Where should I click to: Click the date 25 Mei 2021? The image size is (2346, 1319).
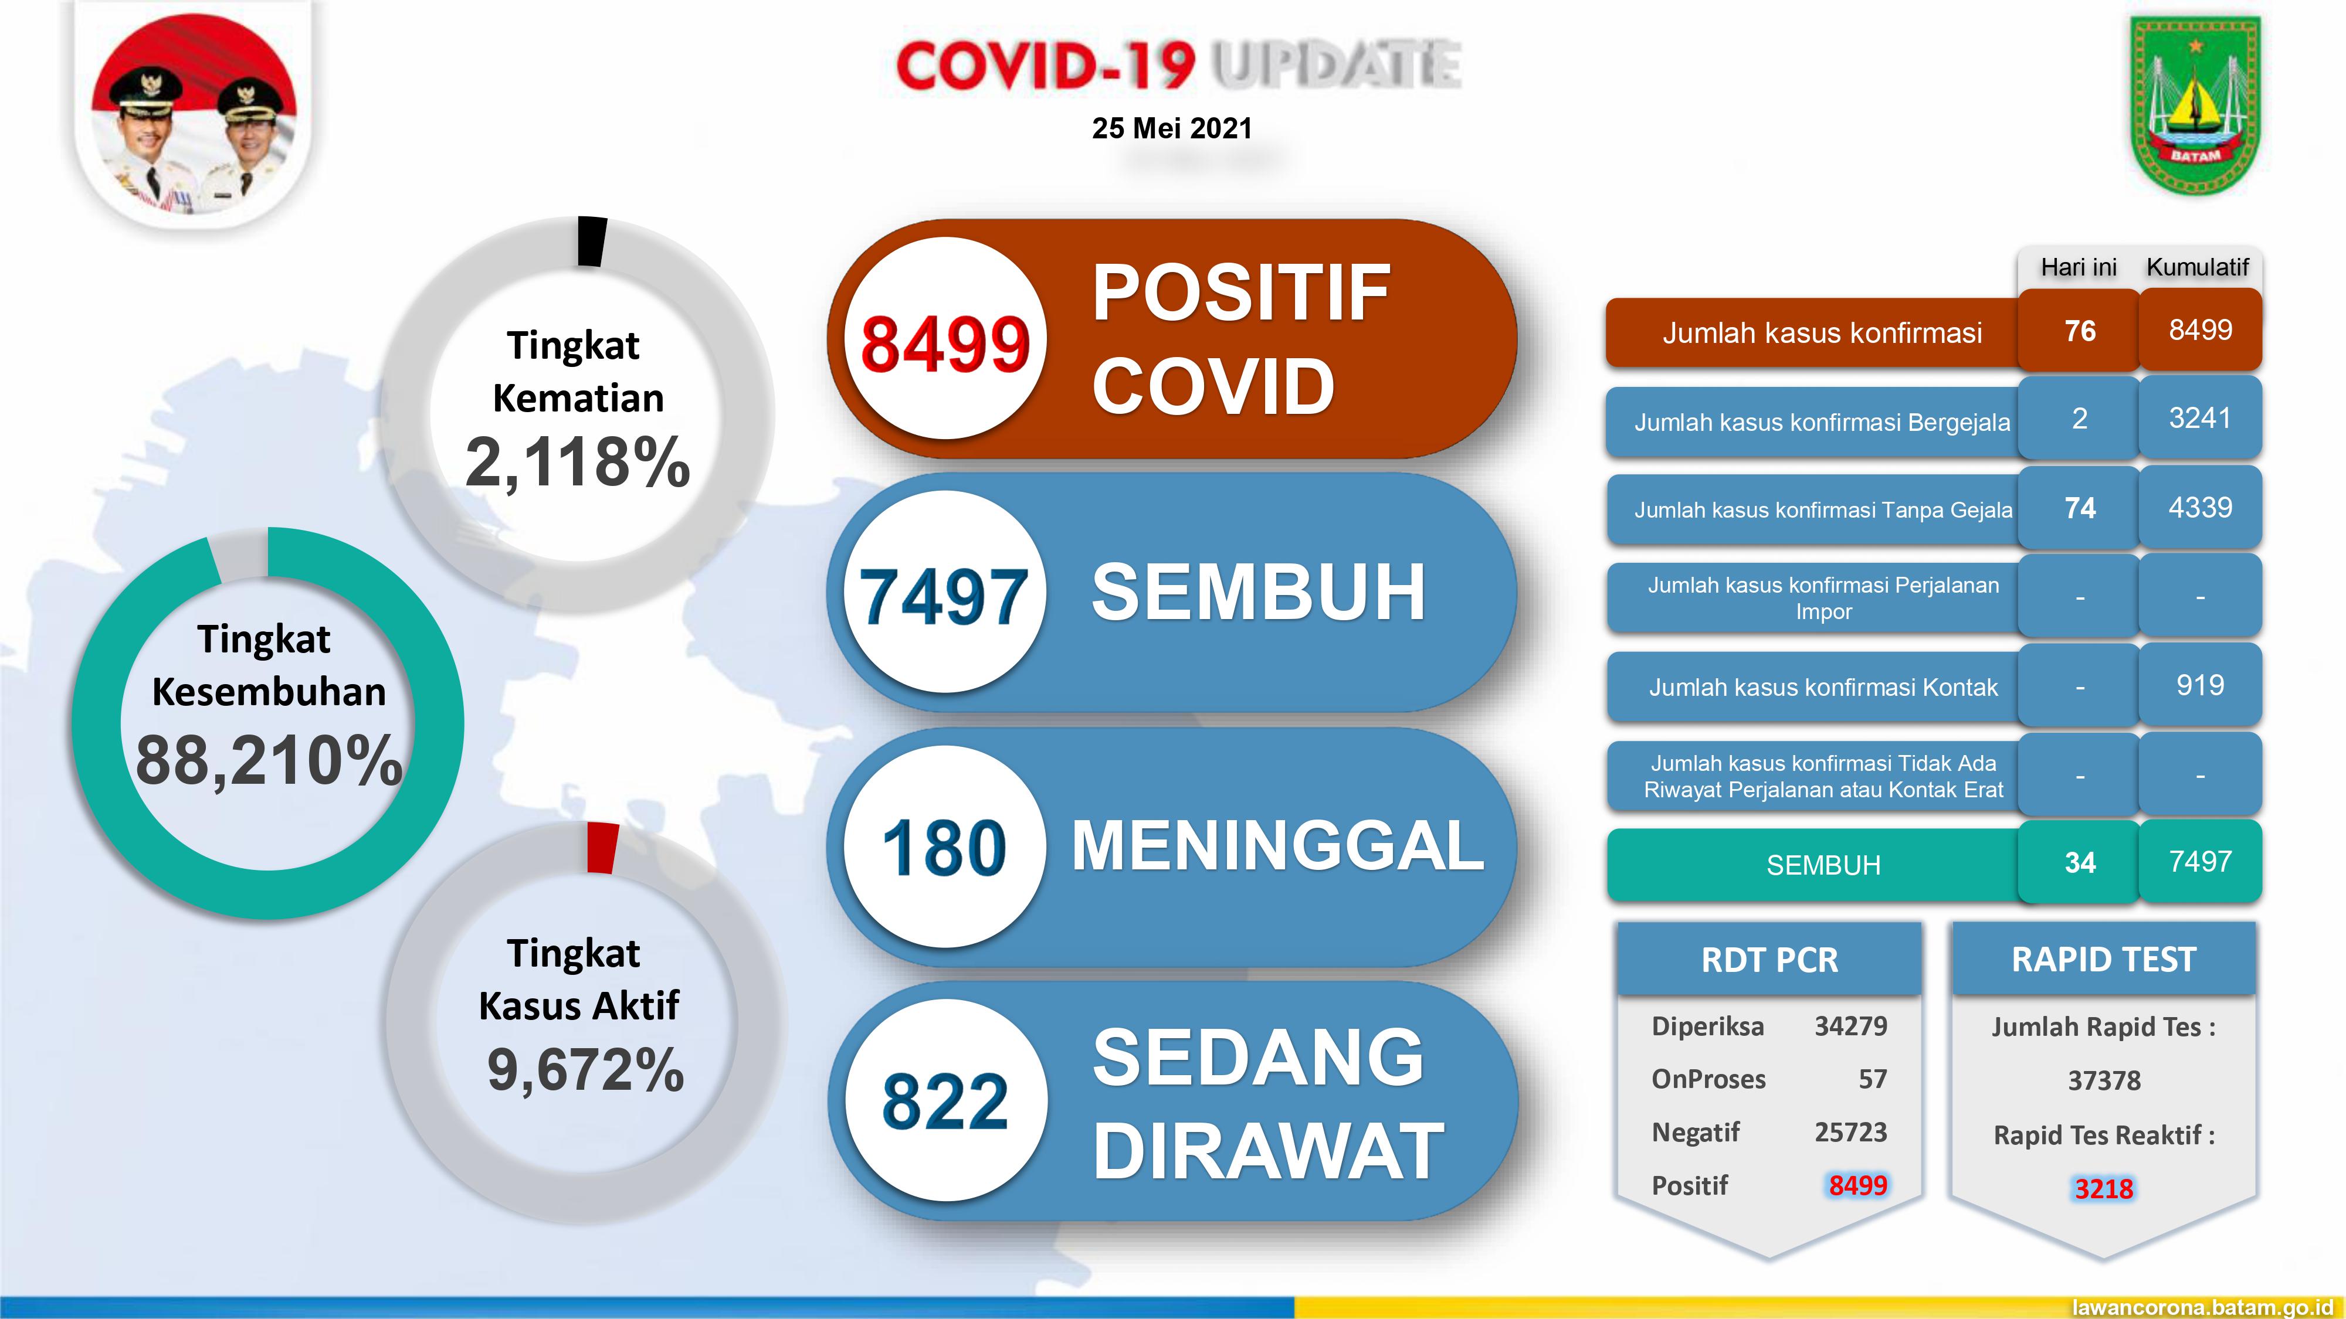1171,128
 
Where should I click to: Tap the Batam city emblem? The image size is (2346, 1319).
2195,105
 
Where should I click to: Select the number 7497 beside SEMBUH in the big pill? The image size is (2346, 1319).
944,597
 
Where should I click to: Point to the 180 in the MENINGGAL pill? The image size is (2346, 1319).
944,848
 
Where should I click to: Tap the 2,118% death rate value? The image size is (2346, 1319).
577,463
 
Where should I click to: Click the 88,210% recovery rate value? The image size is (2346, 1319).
268,760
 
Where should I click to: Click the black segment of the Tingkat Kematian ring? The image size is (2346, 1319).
591,241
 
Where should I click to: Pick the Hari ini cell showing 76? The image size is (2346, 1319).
2079,331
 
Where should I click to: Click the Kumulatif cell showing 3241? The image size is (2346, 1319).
2199,418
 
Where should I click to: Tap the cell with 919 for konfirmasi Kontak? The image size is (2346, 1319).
2199,685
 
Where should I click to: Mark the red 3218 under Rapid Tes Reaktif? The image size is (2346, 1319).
2103,1188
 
